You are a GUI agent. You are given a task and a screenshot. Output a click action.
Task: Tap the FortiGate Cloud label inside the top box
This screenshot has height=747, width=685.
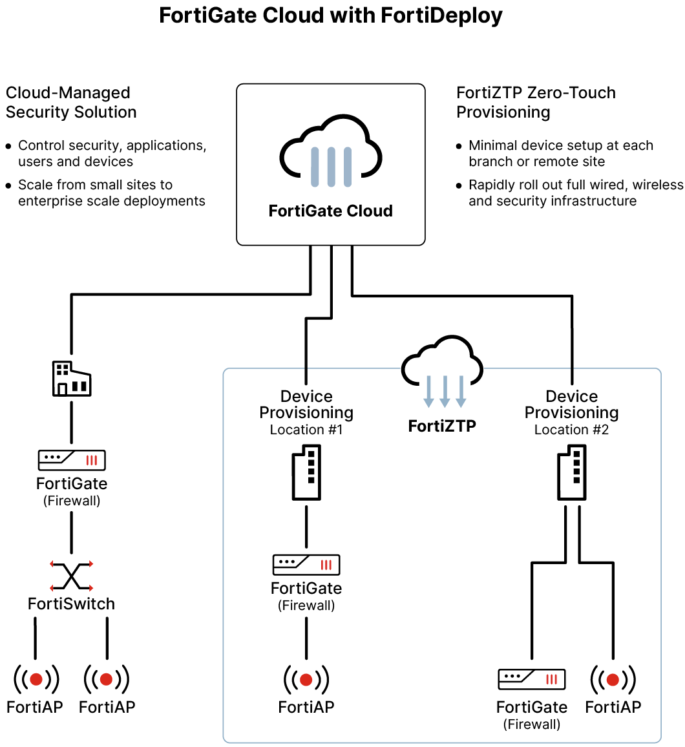tap(330, 211)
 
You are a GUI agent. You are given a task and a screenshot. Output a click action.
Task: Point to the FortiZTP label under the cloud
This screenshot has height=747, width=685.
tap(442, 426)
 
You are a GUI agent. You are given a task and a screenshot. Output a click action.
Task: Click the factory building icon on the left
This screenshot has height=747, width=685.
tap(71, 379)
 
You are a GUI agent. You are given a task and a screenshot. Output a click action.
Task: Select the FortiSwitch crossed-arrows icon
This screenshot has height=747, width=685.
tap(71, 575)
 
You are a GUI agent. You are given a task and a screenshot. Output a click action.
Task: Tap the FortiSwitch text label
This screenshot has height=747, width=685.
tap(71, 604)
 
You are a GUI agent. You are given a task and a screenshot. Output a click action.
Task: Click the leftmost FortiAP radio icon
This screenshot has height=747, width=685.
tap(36, 679)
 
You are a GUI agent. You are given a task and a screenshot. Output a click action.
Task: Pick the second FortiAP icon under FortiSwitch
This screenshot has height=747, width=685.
tap(107, 679)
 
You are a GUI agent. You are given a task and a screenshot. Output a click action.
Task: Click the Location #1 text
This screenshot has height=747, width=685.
tap(306, 430)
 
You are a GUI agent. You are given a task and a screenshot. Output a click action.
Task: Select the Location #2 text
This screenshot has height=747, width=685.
tap(571, 430)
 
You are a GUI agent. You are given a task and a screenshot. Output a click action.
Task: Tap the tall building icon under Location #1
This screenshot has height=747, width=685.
tap(306, 475)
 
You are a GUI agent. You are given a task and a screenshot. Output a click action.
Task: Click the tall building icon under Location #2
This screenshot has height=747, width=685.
tap(571, 475)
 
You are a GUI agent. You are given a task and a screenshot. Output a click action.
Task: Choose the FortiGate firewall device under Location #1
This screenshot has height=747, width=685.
tap(306, 565)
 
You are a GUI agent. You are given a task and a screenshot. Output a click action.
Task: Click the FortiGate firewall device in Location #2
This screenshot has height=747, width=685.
tap(531, 679)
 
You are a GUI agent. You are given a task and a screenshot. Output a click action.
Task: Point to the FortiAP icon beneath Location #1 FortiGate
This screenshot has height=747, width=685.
tap(306, 679)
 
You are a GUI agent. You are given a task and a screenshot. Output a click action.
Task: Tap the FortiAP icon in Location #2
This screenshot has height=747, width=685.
tap(613, 679)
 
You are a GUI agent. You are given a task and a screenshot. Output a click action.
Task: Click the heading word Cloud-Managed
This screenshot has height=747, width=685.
tap(68, 93)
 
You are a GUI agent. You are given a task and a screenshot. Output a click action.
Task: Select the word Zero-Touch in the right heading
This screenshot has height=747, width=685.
tap(574, 93)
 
